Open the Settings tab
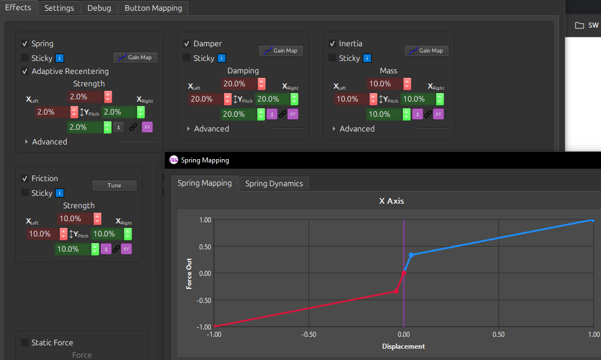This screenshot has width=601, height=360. click(x=59, y=8)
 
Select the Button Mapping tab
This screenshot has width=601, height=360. click(x=153, y=8)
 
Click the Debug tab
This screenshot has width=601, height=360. click(x=99, y=8)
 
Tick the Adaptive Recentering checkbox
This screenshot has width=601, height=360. click(x=25, y=71)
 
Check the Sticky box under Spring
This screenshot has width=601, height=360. click(x=25, y=58)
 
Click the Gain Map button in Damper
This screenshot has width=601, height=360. click(x=281, y=51)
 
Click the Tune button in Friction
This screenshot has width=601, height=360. click(x=115, y=185)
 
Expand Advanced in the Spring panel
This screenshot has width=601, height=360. click(x=27, y=142)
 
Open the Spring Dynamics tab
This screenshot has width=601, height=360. click(x=274, y=183)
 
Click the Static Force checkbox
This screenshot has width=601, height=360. click(x=25, y=343)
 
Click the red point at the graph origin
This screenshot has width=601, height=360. click(x=403, y=273)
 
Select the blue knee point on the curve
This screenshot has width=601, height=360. click(x=411, y=254)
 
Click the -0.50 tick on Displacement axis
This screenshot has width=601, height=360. click(x=308, y=335)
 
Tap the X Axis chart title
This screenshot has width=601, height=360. click(x=392, y=201)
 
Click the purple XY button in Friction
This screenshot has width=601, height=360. click(x=126, y=249)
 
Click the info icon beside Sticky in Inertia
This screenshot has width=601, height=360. click(x=367, y=58)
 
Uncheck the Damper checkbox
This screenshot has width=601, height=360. click(x=187, y=43)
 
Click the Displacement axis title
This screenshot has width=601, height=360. click(x=403, y=346)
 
